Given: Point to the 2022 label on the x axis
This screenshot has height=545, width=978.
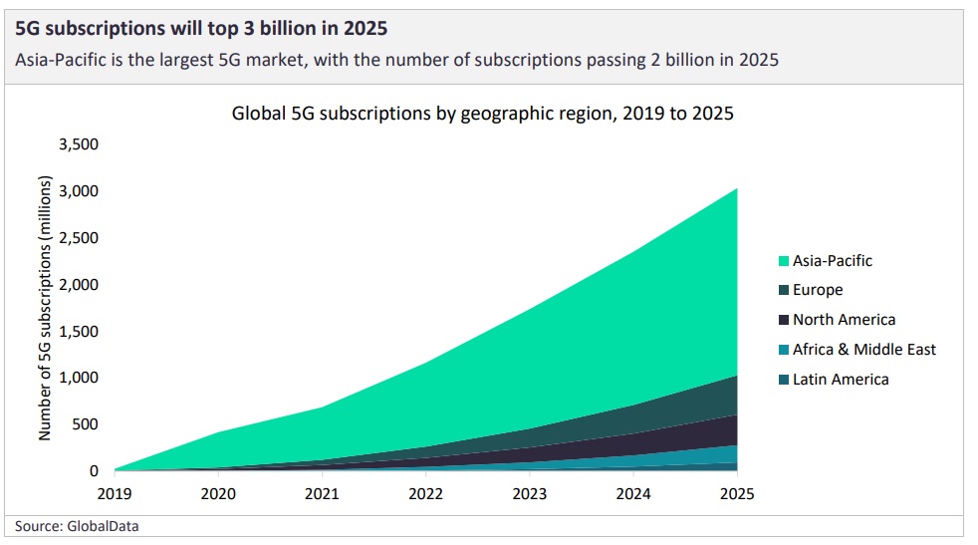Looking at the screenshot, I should pyautogui.click(x=426, y=492).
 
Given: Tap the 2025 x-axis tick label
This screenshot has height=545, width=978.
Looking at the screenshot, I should pyautogui.click(x=737, y=492).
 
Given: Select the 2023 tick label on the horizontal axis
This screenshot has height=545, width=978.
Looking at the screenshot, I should pyautogui.click(x=530, y=492).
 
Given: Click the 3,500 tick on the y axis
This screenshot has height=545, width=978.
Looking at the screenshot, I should pyautogui.click(x=79, y=144).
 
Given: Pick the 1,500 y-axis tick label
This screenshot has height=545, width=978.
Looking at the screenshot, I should pyautogui.click(x=79, y=331).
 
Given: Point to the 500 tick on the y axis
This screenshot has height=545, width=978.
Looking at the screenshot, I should pyautogui.click(x=87, y=424).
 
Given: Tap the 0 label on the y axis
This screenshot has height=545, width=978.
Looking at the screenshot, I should pyautogui.click(x=94, y=471).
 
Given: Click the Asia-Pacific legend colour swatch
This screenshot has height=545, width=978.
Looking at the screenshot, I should pyautogui.click(x=784, y=261).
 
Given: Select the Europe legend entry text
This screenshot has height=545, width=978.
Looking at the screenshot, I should pyautogui.click(x=817, y=290).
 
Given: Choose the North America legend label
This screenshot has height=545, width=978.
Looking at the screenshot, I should pyautogui.click(x=844, y=320).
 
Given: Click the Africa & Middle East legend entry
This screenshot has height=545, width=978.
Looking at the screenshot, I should pyautogui.click(x=863, y=349).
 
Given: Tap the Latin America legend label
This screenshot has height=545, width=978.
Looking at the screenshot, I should pyautogui.click(x=841, y=379).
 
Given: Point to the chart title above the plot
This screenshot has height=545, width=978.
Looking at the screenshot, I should pyautogui.click(x=482, y=113).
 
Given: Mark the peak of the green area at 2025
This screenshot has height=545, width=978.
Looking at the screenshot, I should pyautogui.click(x=737, y=188).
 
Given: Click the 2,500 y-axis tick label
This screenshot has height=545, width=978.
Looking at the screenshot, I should pyautogui.click(x=79, y=238).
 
